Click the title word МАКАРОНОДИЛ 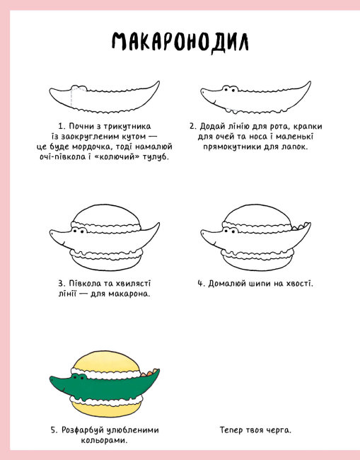pos(180,42)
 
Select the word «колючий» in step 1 pos(118,156)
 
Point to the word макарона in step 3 pos(129,294)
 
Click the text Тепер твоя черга pos(255,430)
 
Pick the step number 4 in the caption pos(201,284)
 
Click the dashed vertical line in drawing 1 pos(71,97)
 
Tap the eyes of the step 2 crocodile pos(230,89)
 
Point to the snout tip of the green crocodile pos(51,379)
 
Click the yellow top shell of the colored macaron pos(106,362)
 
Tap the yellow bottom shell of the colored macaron pos(106,410)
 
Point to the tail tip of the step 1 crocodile pos(158,82)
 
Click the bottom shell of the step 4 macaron pos(257,263)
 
